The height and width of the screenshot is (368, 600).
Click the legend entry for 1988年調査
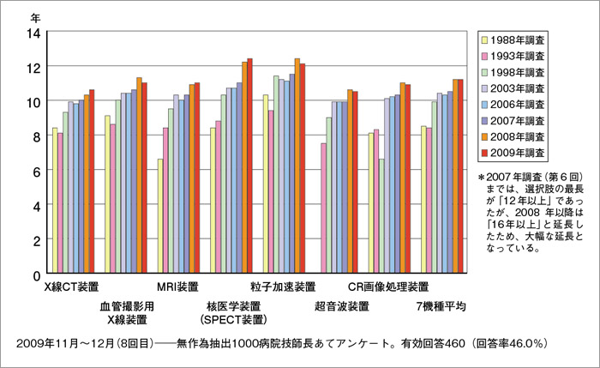coord(519,39)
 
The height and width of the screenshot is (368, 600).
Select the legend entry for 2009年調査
coord(519,152)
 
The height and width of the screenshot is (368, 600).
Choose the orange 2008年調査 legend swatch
coord(484,136)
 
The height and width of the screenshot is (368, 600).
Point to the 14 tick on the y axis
coord(33,33)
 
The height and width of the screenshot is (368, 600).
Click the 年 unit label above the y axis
coord(35,15)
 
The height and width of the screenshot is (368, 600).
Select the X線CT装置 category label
coord(71,287)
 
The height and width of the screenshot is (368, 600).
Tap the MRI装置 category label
coord(177,287)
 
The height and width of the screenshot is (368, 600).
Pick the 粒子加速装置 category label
coord(283,287)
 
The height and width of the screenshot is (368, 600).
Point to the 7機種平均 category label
coord(440,306)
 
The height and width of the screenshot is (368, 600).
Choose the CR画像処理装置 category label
coord(388,287)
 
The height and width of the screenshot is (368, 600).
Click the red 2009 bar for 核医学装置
coord(250,167)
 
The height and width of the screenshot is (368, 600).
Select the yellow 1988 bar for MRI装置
coord(160,217)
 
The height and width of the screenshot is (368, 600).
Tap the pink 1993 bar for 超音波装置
coord(323,209)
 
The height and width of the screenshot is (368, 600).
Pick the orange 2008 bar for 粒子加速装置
coord(297,167)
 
